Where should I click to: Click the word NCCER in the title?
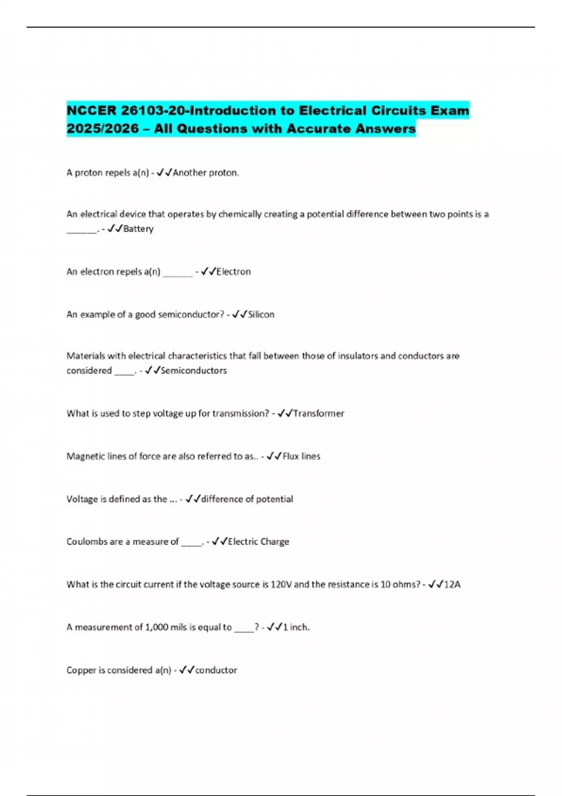click(x=91, y=111)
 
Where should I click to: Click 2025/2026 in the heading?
click(x=103, y=129)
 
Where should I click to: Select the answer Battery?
click(x=138, y=229)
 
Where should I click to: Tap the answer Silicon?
click(x=261, y=315)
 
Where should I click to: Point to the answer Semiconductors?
click(x=193, y=370)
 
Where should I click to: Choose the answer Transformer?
click(x=318, y=413)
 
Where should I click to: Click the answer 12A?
click(x=452, y=584)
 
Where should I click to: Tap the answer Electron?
click(x=233, y=272)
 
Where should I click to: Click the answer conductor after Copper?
click(x=216, y=671)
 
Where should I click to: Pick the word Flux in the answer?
click(x=290, y=457)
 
